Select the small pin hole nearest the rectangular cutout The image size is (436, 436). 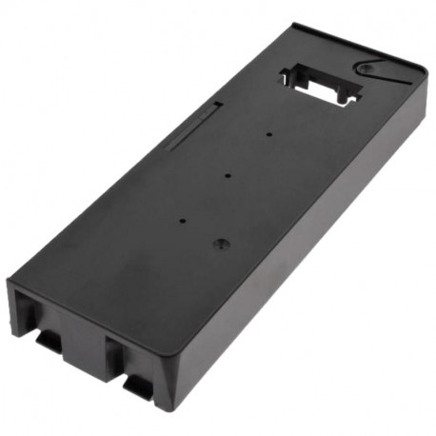[270, 135]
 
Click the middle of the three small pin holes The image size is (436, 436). [229, 175]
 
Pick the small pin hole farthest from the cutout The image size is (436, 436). [183, 220]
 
